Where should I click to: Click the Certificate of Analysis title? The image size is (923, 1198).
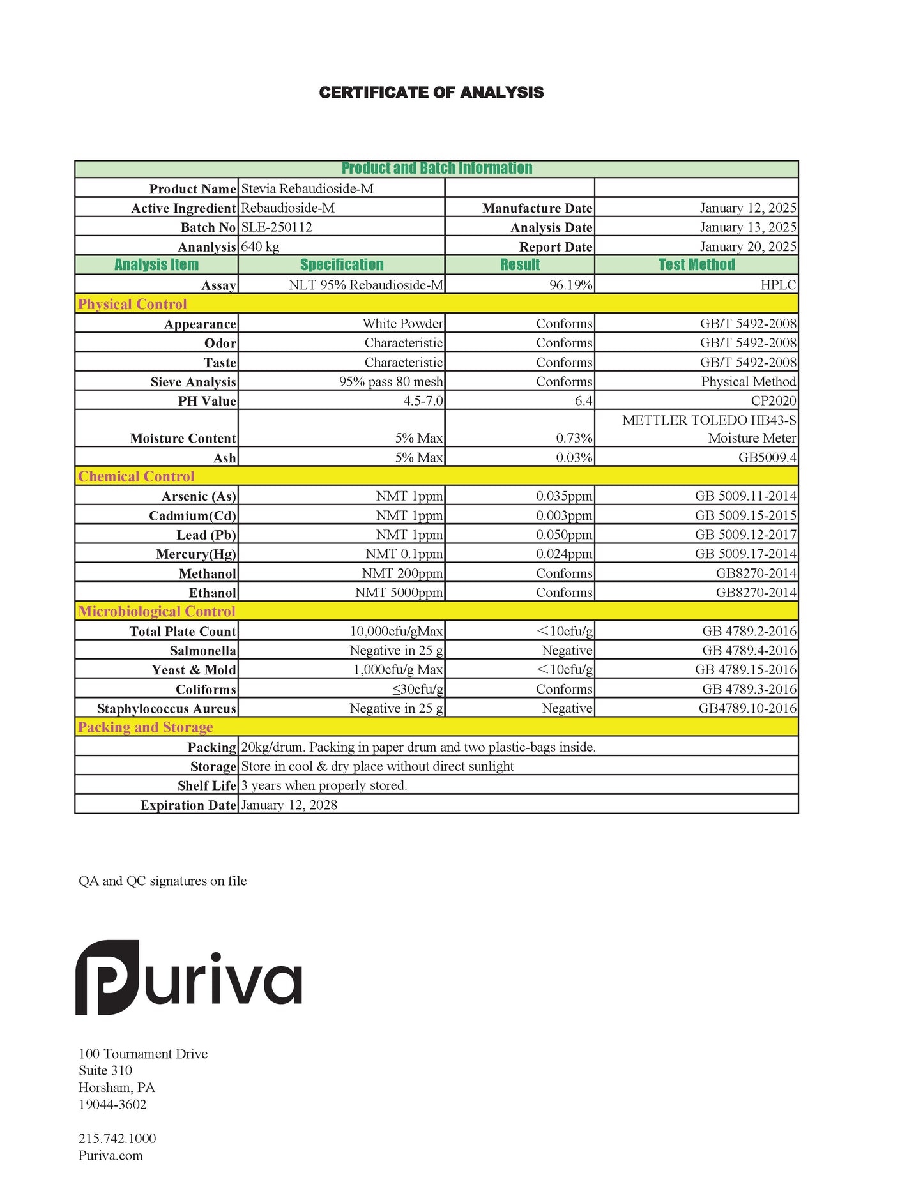431,93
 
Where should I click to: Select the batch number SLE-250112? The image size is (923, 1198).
277,227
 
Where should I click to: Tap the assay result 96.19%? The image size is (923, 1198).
570,285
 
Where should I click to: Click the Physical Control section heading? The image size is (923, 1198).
132,304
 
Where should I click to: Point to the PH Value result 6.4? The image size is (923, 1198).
583,401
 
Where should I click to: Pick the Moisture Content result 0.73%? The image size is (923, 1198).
574,438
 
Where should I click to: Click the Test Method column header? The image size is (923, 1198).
696,265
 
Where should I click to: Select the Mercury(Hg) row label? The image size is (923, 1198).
195,554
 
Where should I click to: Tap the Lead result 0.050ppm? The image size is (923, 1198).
564,535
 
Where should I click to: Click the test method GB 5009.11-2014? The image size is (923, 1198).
745,496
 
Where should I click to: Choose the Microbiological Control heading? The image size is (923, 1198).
156,612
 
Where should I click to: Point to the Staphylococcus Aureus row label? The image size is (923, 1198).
166,709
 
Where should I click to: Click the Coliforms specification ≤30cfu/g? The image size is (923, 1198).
418,689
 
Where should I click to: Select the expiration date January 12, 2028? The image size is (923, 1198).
289,805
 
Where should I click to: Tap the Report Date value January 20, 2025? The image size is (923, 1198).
747,246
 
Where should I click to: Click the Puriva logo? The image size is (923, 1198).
188,977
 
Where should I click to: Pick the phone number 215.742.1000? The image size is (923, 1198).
117,1138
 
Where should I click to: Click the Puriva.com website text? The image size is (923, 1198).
111,1155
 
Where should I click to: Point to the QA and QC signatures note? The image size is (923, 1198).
162,881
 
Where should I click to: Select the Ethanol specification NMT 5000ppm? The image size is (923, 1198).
399,593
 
